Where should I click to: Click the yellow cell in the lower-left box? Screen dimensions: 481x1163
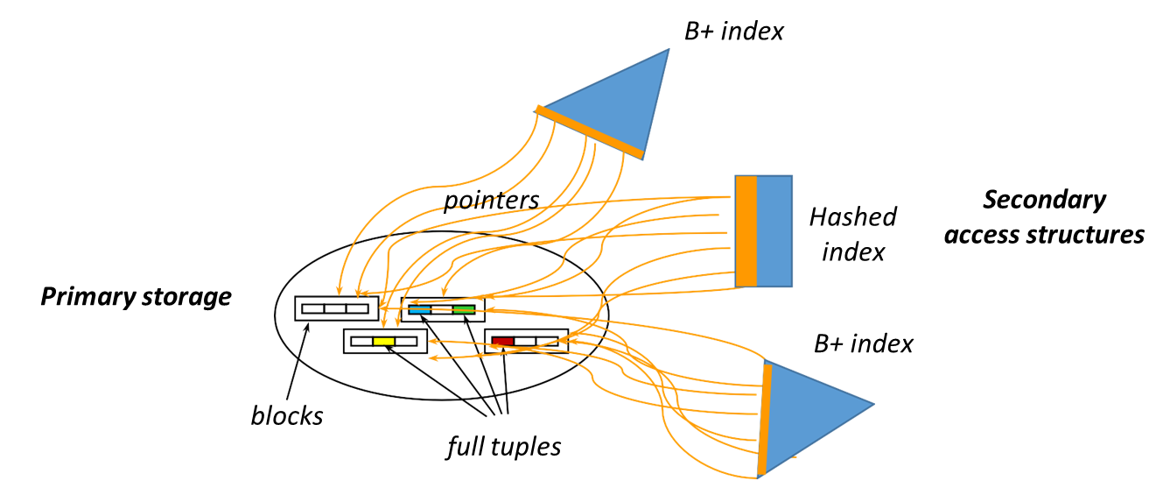(x=383, y=341)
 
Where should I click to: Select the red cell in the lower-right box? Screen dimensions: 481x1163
(x=502, y=341)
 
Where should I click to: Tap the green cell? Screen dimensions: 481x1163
(x=464, y=309)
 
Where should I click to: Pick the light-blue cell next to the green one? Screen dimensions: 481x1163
(x=419, y=309)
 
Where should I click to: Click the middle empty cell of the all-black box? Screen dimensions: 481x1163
(x=335, y=308)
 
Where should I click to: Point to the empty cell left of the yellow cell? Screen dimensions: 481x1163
(x=361, y=341)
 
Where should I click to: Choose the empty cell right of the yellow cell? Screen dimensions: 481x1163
(x=405, y=341)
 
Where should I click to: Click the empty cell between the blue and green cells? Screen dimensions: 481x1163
(x=441, y=309)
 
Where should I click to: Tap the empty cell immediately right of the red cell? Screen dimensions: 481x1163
(x=524, y=341)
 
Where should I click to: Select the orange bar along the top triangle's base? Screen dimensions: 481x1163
(x=590, y=132)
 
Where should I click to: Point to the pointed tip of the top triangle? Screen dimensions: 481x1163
(x=669, y=50)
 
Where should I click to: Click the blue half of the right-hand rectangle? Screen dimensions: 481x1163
(x=774, y=230)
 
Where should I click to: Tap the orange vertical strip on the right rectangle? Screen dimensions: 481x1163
(x=746, y=230)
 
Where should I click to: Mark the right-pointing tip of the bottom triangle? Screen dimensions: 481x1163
(x=872, y=405)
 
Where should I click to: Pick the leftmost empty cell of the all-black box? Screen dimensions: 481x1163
(x=313, y=308)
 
